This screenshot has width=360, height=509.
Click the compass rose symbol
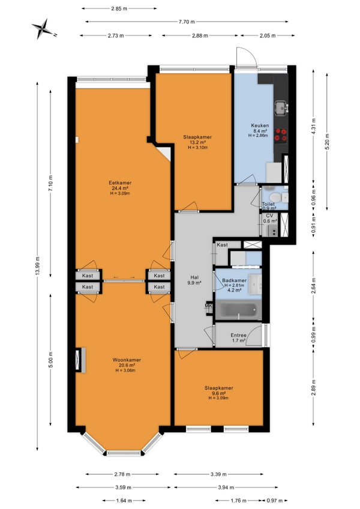click(43, 29)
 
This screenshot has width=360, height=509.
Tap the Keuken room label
click(260, 125)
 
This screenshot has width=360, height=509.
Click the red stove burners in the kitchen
click(280, 135)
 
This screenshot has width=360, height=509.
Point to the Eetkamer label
click(120, 182)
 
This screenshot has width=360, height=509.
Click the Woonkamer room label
click(127, 360)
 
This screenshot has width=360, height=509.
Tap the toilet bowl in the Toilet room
click(275, 197)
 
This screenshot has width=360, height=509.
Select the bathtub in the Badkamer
click(239, 310)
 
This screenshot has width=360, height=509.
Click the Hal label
click(194, 277)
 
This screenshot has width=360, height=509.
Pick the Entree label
click(238, 336)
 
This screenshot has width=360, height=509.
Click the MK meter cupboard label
click(208, 306)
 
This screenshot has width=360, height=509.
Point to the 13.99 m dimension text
click(37, 267)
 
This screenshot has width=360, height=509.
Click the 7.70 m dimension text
click(187, 22)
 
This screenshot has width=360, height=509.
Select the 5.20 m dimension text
click(327, 142)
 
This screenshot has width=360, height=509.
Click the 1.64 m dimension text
click(124, 501)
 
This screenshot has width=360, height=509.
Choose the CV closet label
click(269, 215)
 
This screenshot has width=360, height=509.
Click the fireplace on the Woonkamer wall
click(80, 360)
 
